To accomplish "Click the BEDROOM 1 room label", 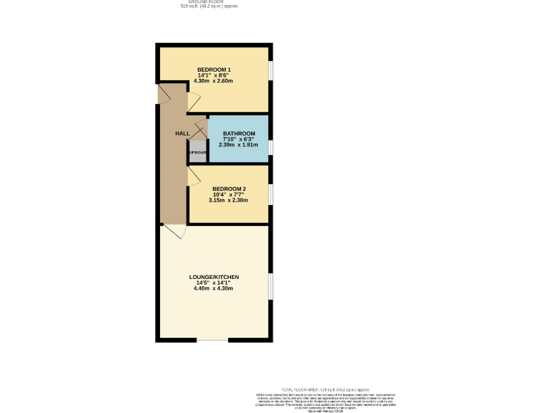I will (x=214, y=69).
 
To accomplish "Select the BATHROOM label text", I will (x=239, y=133).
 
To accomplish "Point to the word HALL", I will (x=182, y=134).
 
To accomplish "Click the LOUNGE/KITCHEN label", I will (x=214, y=277).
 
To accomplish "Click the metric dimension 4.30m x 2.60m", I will (x=214, y=80).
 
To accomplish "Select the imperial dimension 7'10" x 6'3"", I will (x=239, y=139).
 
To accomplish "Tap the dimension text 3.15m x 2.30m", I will (x=228, y=200).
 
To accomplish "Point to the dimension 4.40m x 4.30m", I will (x=214, y=288).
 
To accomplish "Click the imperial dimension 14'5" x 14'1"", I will (x=214, y=283).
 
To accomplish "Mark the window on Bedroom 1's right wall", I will (x=270, y=70).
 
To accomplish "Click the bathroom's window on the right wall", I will (x=270, y=147).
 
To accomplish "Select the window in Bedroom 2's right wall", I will (x=270, y=194).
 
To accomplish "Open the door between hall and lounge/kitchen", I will (x=174, y=231).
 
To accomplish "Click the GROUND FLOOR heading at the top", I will (x=209, y=1).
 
